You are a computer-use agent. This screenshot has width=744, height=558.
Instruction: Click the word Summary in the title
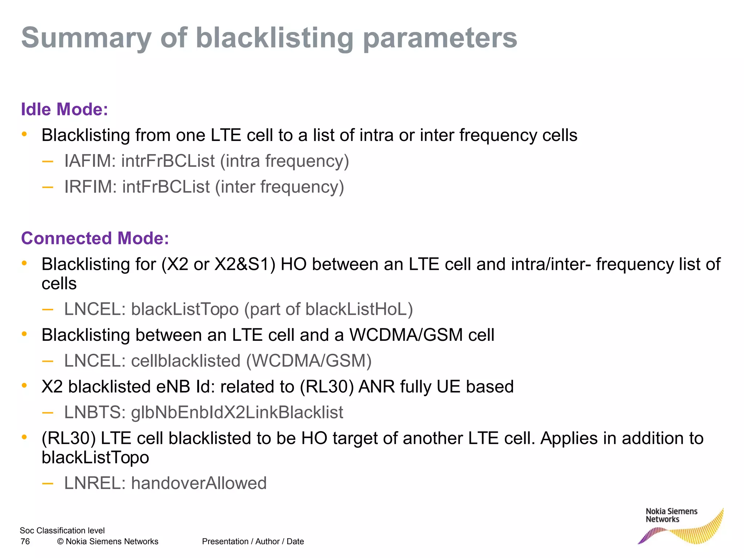86,39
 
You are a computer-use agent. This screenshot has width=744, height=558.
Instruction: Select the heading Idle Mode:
64,109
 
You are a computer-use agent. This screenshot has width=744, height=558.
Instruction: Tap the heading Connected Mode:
95,238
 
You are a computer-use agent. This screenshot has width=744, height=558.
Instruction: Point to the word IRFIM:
90,187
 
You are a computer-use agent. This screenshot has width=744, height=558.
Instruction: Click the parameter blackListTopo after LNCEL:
185,309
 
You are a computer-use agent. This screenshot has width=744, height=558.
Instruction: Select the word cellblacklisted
186,361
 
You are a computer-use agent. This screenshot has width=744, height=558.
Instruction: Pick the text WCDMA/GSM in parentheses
309,361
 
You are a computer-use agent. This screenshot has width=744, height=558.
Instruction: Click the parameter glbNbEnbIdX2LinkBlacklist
237,412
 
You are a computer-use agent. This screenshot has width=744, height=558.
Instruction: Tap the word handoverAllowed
199,483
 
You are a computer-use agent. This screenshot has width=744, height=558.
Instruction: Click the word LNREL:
95,483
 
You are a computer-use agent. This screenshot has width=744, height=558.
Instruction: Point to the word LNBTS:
95,412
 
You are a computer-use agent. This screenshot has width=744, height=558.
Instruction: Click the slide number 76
25,541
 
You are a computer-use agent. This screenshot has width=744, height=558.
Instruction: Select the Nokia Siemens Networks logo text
671,515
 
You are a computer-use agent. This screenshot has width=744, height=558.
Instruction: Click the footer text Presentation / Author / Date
253,541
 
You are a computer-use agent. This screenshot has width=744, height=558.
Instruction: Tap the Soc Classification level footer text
62,530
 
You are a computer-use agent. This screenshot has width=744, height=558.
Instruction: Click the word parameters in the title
440,39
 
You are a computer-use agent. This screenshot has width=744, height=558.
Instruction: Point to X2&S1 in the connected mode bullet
244,264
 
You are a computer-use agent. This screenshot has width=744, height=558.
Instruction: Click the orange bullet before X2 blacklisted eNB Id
24,385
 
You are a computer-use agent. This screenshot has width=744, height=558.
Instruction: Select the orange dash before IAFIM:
48,161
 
